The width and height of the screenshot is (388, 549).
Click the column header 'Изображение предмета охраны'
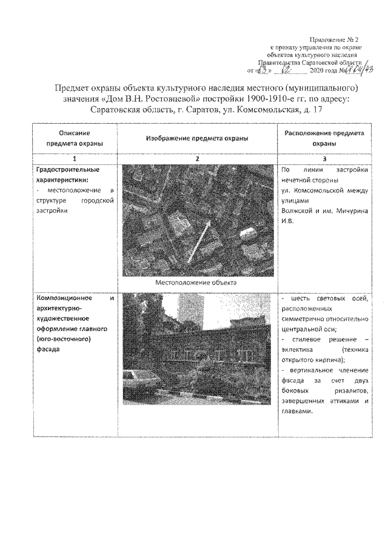tap(197, 138)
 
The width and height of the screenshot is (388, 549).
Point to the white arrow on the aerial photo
tap(198, 241)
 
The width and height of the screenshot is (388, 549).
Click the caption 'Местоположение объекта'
tap(197, 282)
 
